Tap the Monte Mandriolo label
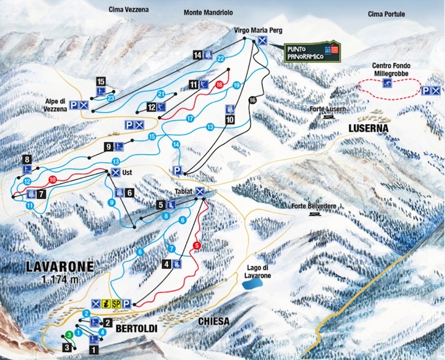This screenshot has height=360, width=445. (x=207, y=12)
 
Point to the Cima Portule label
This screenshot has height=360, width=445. (x=386, y=14)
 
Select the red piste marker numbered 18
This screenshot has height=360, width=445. (x=219, y=85)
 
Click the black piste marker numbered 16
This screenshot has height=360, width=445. (x=251, y=100)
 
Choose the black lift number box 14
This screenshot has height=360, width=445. (x=198, y=55)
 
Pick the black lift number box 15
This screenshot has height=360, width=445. (x=101, y=81)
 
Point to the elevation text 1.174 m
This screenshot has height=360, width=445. (x=60, y=280)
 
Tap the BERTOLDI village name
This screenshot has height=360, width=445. (x=137, y=328)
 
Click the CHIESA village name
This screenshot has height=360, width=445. (x=213, y=321)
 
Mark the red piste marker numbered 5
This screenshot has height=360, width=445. (x=197, y=245)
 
